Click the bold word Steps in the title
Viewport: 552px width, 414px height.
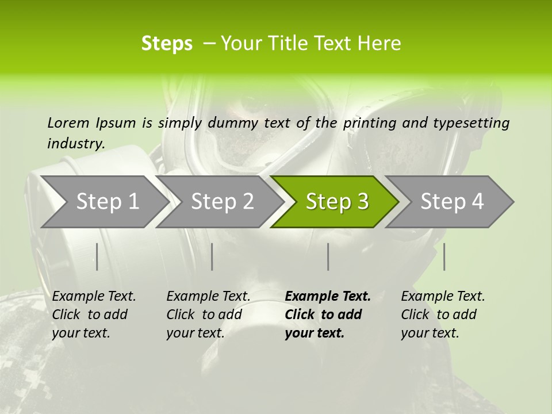167,43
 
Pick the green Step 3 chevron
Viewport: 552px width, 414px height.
337,201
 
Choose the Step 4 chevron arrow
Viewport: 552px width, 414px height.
452,201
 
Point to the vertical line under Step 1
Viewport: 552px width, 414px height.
97,256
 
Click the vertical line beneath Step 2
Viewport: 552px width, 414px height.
212,256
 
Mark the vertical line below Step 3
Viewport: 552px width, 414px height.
328,256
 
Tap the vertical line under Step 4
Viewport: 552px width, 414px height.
444,256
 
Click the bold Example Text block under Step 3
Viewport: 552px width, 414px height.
328,315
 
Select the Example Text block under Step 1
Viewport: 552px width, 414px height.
94,315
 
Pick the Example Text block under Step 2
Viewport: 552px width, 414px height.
208,315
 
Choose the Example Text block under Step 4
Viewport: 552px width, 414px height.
443,315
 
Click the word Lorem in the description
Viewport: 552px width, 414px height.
68,122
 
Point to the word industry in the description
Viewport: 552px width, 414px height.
76,144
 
